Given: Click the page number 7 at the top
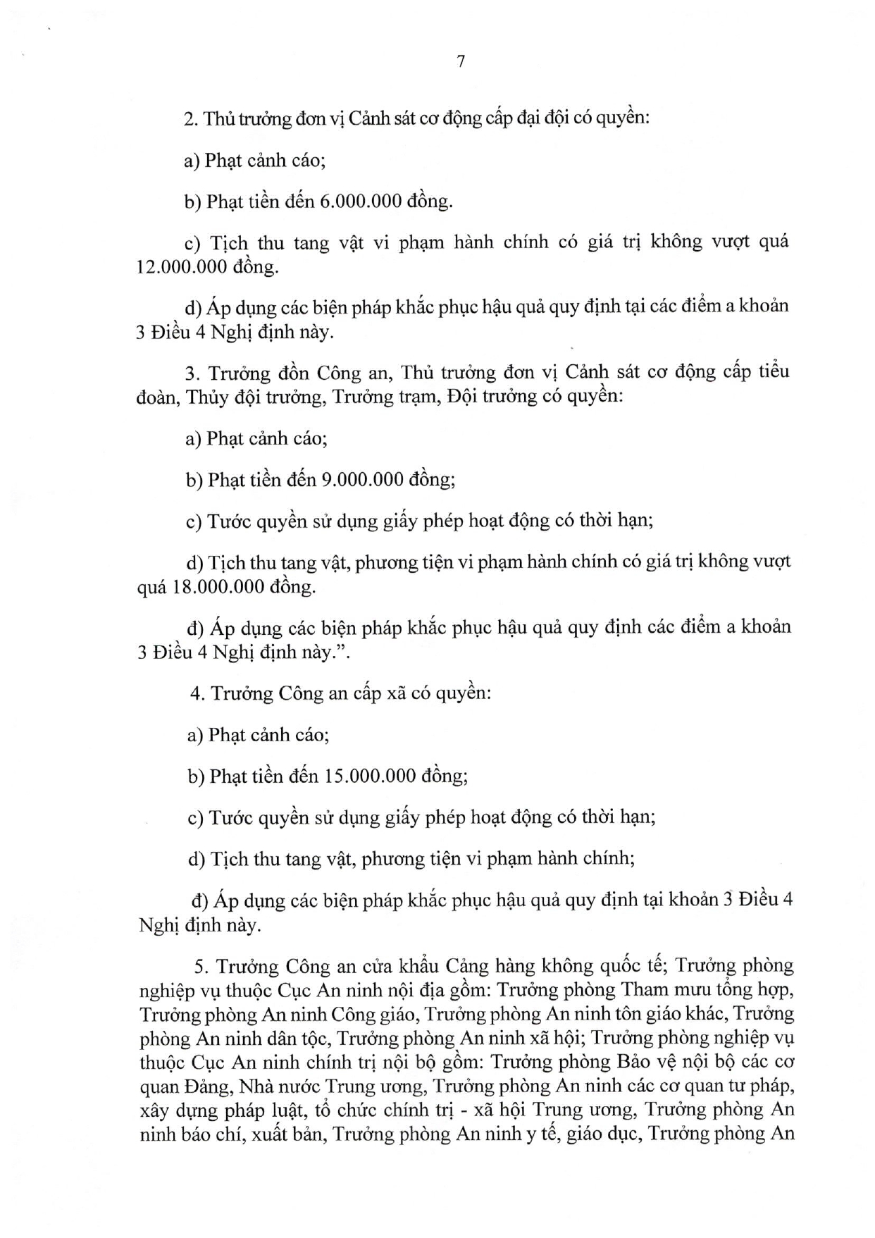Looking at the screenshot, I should click(x=460, y=62).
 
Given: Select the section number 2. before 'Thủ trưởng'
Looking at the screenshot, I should click(x=190, y=119).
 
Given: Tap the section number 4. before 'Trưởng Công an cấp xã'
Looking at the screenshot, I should click(x=197, y=694).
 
